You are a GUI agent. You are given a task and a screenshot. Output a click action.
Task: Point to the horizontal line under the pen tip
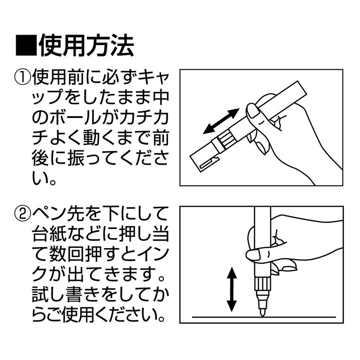click(297, 318)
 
